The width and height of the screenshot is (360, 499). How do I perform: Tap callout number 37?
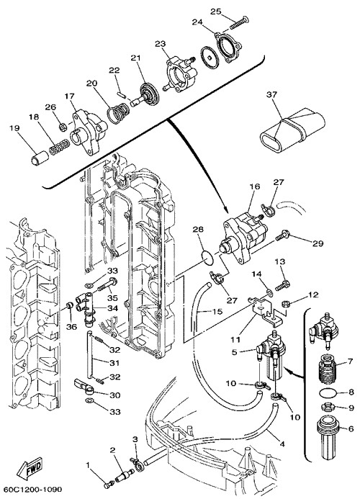[272, 94]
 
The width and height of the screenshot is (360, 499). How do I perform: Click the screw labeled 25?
[239, 23]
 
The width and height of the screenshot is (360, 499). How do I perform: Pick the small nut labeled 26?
[63, 127]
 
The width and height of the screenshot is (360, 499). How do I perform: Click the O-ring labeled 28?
[208, 258]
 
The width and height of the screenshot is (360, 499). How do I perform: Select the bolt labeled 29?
[282, 236]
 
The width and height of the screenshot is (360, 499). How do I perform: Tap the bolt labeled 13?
[282, 284]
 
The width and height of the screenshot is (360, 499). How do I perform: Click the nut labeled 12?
[286, 304]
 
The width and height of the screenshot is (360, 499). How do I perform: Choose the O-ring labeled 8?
[328, 392]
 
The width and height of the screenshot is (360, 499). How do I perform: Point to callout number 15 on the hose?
[217, 311]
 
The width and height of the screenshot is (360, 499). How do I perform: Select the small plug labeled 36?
[68, 306]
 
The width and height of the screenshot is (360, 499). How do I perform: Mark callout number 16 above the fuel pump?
[255, 186]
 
